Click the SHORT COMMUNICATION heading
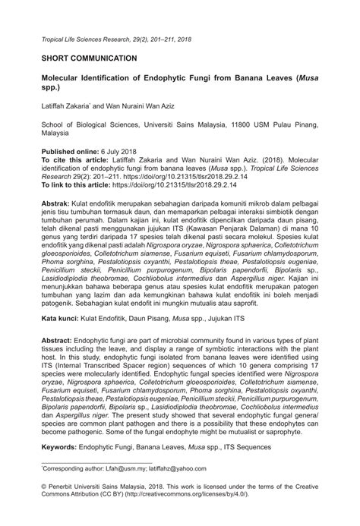tap(88, 57)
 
